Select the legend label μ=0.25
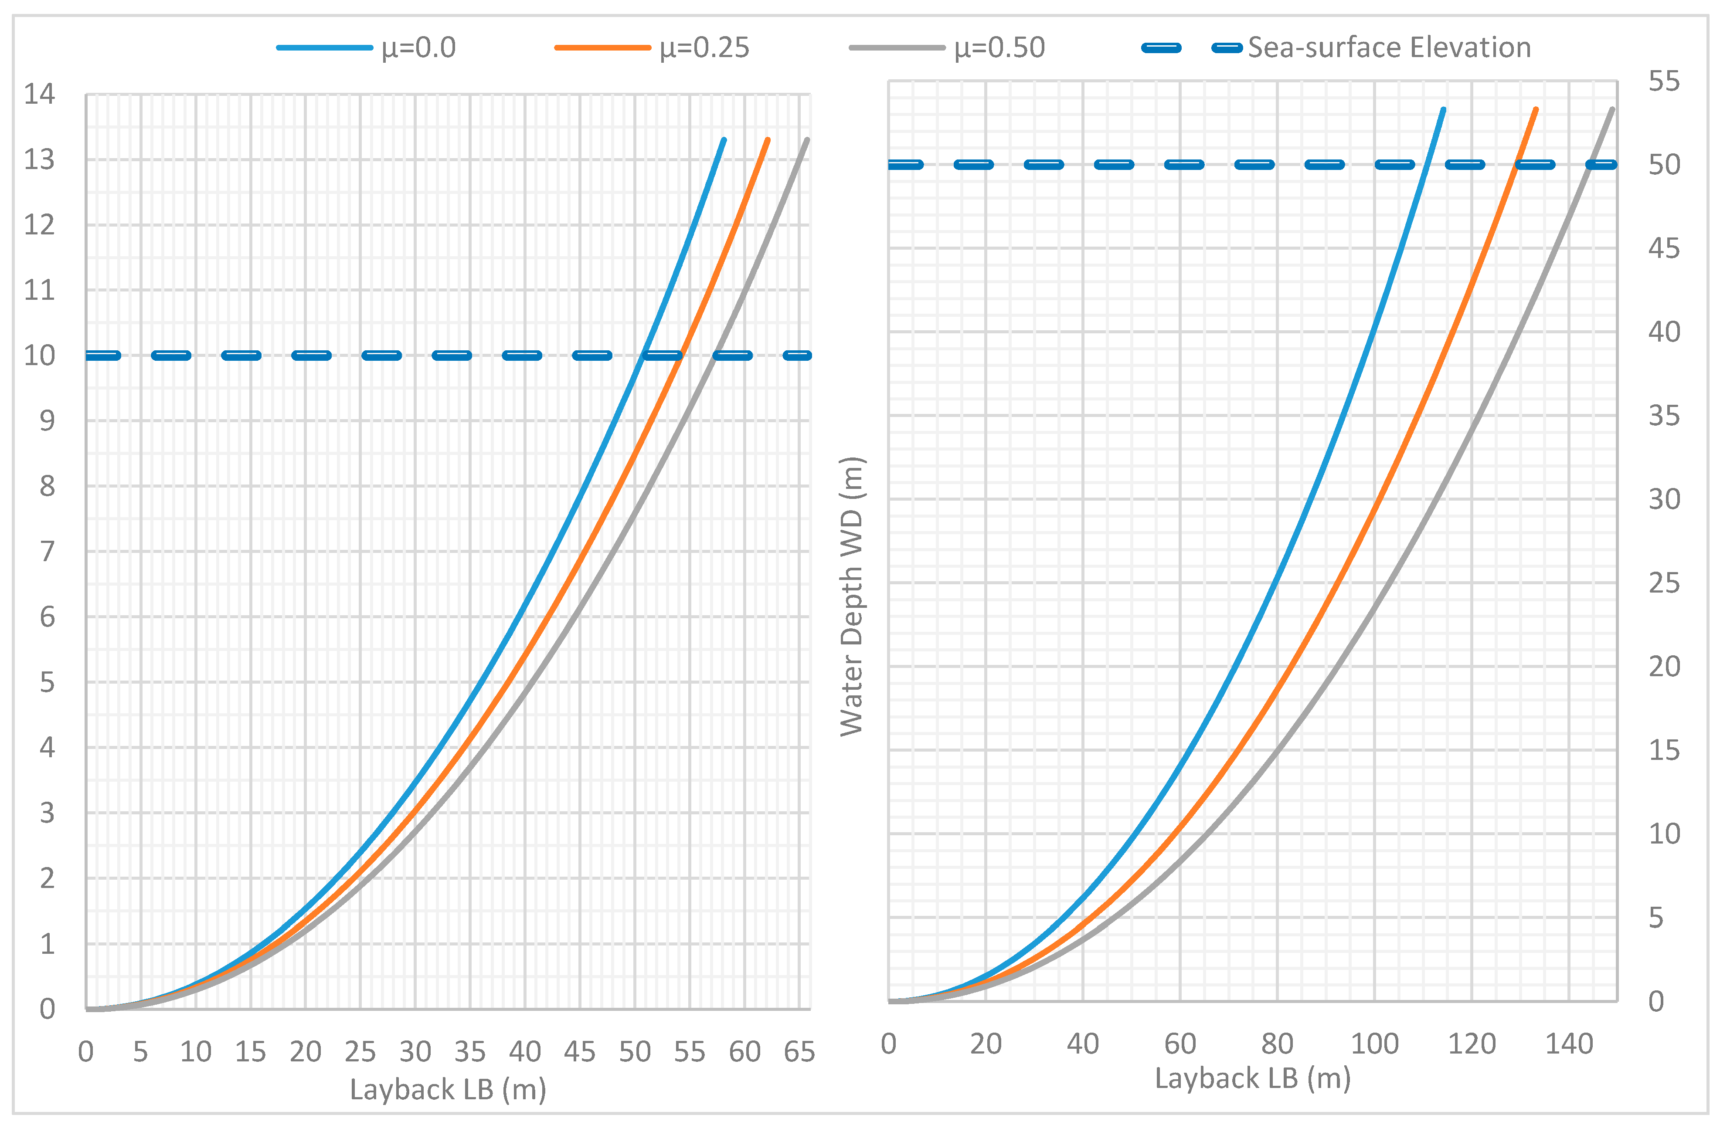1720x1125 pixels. pyautogui.click(x=704, y=47)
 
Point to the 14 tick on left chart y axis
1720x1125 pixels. pyautogui.click(x=40, y=94)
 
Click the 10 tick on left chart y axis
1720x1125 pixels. pyautogui.click(x=40, y=356)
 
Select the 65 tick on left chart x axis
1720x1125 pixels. pyautogui.click(x=799, y=1052)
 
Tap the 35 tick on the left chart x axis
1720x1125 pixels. pyautogui.click(x=470, y=1052)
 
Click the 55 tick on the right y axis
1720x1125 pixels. pyautogui.click(x=1664, y=81)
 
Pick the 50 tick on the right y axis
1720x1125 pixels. pyautogui.click(x=1664, y=165)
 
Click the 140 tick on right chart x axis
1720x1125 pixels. pyautogui.click(x=1569, y=1044)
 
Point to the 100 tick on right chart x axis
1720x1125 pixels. pyautogui.click(x=1374, y=1044)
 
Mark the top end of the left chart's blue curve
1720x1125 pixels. pyautogui.click(x=724, y=139)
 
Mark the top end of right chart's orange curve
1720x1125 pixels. pyautogui.click(x=1536, y=109)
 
